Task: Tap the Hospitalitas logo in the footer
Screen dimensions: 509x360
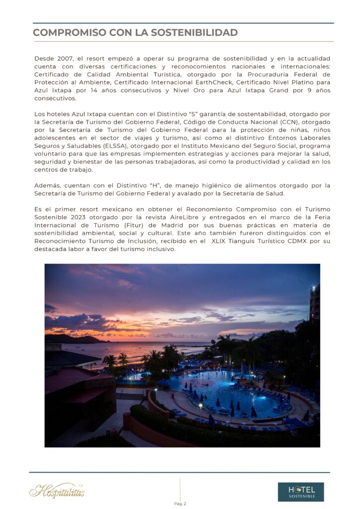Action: click(x=57, y=491)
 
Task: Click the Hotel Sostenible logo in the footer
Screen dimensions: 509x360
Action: click(x=300, y=492)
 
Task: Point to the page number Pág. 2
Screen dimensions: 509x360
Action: click(x=180, y=504)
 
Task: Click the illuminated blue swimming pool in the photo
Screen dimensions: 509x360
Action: click(x=219, y=388)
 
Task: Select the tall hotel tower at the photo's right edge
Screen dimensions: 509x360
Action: click(x=314, y=303)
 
